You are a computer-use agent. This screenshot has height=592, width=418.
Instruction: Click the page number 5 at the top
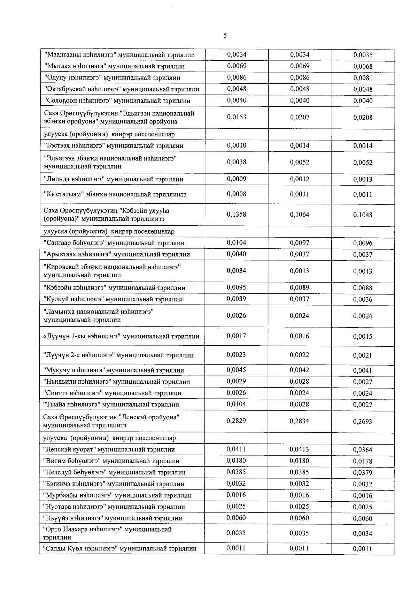pyautogui.click(x=225, y=36)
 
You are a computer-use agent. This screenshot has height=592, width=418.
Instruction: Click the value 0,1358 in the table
pyautogui.click(x=237, y=215)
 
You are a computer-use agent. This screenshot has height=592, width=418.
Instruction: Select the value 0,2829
pyautogui.click(x=236, y=421)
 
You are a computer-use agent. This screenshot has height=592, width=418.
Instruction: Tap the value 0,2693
pyautogui.click(x=363, y=422)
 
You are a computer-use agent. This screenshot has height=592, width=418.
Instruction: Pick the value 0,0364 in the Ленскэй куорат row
pyautogui.click(x=363, y=450)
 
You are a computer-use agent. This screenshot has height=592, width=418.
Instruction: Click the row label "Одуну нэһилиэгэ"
pyautogui.click(x=112, y=78)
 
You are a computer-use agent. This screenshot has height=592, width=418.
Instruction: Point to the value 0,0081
pyautogui.click(x=363, y=78)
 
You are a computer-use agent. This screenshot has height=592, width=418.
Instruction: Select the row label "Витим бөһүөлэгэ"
pyautogui.click(x=111, y=461)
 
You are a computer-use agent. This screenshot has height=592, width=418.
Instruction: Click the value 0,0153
pyautogui.click(x=237, y=117)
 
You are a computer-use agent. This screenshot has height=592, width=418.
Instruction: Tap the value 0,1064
pyautogui.click(x=300, y=215)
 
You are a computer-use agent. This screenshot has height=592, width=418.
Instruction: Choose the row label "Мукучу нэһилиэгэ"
pyautogui.click(x=113, y=370)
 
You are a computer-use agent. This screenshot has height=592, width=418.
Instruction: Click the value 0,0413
pyautogui.click(x=300, y=450)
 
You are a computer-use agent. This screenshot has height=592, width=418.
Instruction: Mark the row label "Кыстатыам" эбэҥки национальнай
pyautogui.click(x=115, y=194)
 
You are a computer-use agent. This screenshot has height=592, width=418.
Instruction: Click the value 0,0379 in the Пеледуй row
pyautogui.click(x=363, y=473)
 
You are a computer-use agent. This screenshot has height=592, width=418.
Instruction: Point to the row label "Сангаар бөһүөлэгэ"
pyautogui.click(x=114, y=243)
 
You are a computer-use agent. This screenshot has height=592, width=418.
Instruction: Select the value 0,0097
pyautogui.click(x=300, y=243)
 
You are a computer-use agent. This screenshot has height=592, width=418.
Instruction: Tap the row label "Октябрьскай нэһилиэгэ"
pyautogui.click(x=122, y=89)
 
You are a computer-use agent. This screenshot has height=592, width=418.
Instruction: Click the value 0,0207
pyautogui.click(x=300, y=117)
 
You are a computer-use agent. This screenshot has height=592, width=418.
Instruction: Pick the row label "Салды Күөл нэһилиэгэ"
pyautogui.click(x=119, y=549)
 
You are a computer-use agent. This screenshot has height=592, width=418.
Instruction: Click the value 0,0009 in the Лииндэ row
pyautogui.click(x=237, y=179)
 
